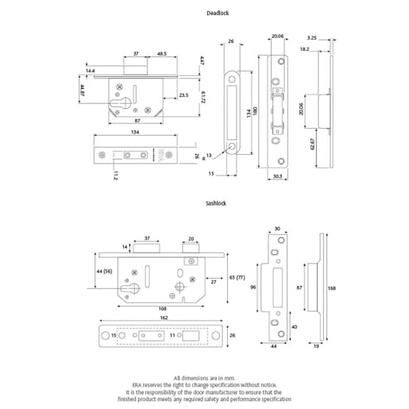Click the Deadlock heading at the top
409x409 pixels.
pyautogui.click(x=218, y=14)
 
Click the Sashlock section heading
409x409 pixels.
pyautogui.click(x=216, y=203)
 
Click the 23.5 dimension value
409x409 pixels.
pyautogui.click(x=183, y=95)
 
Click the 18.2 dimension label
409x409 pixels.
pyautogui.click(x=305, y=48)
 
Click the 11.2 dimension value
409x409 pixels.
pyautogui.click(x=114, y=176)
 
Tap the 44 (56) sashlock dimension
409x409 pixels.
pyautogui.click(x=104, y=272)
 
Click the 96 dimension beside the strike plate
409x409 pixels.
pyautogui.click(x=254, y=287)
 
